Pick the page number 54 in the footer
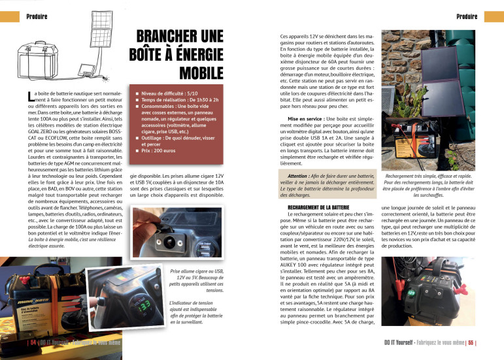tap(32, 342)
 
